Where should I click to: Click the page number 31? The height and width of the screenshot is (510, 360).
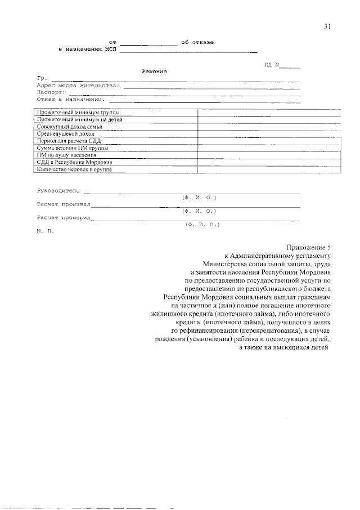point(327,27)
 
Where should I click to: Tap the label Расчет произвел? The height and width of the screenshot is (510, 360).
point(64,204)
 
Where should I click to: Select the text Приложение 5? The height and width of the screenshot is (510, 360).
point(310,247)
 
